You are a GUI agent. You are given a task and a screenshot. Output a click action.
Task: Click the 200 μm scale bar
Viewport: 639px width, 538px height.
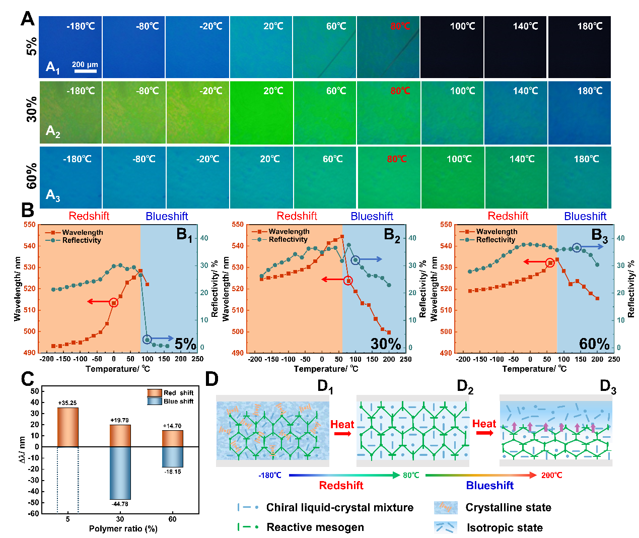click(85, 71)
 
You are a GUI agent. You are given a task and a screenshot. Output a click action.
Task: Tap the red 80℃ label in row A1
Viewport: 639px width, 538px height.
click(400, 26)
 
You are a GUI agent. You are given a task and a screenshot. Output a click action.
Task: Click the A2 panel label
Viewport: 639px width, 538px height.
click(53, 131)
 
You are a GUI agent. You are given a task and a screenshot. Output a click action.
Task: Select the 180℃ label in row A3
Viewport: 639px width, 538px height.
click(586, 159)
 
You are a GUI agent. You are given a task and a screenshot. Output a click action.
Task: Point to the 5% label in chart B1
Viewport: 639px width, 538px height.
click(185, 344)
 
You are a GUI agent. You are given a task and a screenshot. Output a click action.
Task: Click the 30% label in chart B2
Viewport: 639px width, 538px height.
click(386, 344)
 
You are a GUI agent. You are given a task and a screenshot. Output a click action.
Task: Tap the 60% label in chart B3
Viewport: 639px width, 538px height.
click(594, 344)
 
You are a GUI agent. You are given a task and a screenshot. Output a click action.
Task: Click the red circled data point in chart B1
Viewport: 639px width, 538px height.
click(114, 303)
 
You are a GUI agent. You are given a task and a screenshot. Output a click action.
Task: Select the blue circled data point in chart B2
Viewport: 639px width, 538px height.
click(356, 260)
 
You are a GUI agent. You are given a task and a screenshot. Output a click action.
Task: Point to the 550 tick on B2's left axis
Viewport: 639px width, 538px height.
click(238, 225)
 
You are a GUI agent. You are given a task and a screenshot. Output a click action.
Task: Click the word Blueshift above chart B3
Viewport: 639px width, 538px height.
click(585, 217)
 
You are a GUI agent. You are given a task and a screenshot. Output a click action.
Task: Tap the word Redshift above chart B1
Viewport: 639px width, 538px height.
click(89, 216)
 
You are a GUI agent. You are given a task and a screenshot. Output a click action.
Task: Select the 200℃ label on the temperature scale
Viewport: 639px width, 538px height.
click(551, 476)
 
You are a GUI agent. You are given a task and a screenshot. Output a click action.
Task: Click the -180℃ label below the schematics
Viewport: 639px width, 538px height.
click(269, 476)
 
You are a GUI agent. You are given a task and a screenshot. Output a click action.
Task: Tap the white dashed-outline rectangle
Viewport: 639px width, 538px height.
click(67, 472)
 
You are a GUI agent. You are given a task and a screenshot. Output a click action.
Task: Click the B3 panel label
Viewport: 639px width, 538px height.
click(599, 235)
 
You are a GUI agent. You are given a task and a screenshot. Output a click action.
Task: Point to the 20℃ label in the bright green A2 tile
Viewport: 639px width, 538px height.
click(273, 91)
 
